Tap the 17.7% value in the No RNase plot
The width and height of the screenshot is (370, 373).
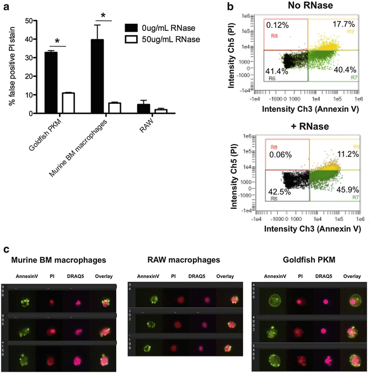point(335,25)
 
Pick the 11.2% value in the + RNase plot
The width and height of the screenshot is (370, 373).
point(336,153)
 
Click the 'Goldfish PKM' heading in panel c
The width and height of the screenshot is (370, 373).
point(307,259)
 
